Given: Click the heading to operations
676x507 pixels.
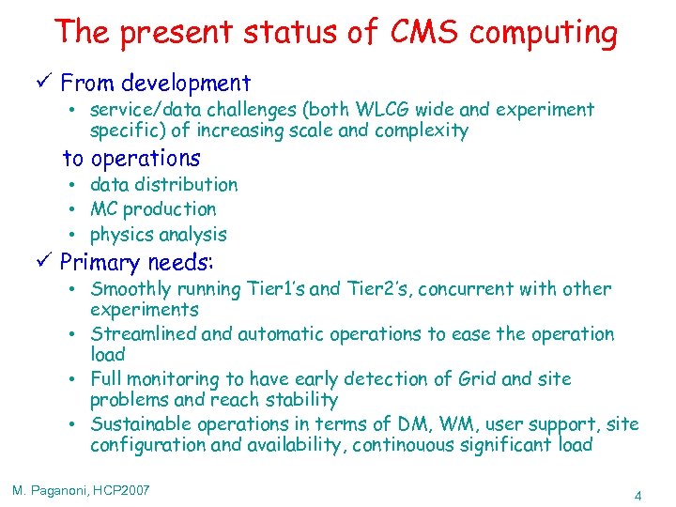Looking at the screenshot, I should pyautogui.click(x=131, y=158).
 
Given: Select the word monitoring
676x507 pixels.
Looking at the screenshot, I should pyautogui.click(x=170, y=379).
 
